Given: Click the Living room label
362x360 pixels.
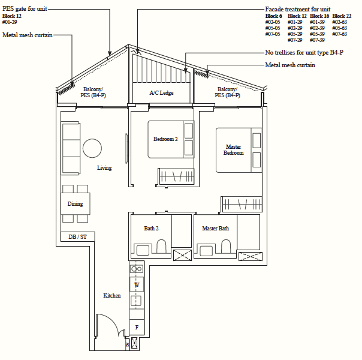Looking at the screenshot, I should pyautogui.click(x=104, y=168).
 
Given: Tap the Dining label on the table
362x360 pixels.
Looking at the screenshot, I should pyautogui.click(x=76, y=204).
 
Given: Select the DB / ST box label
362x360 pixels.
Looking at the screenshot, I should pyautogui.click(x=77, y=237).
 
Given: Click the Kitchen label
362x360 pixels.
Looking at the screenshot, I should pyautogui.click(x=112, y=296).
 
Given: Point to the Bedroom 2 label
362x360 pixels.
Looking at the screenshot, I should pyautogui.click(x=165, y=139).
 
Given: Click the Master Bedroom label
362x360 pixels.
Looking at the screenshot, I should pyautogui.click(x=234, y=150).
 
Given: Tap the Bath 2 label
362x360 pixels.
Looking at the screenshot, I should pyautogui.click(x=151, y=229).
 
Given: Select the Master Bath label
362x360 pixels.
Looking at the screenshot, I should pyautogui.click(x=215, y=229).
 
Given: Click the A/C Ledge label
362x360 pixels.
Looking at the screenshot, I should pyautogui.click(x=161, y=93).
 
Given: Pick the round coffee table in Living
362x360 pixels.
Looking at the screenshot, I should pyautogui.click(x=93, y=148).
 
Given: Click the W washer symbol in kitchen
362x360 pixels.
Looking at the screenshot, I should pyautogui.click(x=137, y=284).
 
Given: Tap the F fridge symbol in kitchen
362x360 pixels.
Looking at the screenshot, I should pyautogui.click(x=137, y=328).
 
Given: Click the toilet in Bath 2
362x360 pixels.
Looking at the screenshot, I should pyautogui.click(x=161, y=248).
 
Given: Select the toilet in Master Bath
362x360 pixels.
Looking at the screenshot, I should pyautogui.click(x=225, y=248).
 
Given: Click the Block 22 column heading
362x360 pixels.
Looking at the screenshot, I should pyautogui.click(x=342, y=16).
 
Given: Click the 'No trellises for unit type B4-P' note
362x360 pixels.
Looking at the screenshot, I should pyautogui.click(x=304, y=53).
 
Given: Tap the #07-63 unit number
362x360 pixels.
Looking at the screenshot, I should pyautogui.click(x=340, y=34).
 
